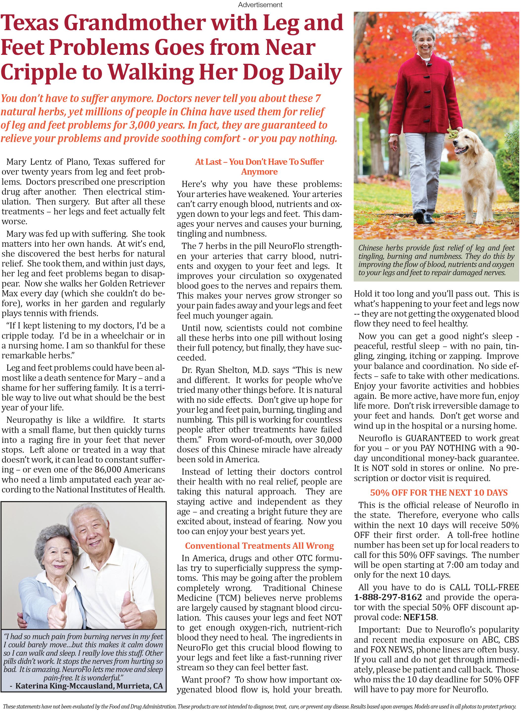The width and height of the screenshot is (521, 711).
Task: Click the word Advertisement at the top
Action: click(260, 5)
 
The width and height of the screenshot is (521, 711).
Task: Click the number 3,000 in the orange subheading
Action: click(144, 125)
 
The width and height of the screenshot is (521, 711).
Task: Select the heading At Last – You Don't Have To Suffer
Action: click(259, 162)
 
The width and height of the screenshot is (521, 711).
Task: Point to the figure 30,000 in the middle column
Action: click(326, 439)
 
